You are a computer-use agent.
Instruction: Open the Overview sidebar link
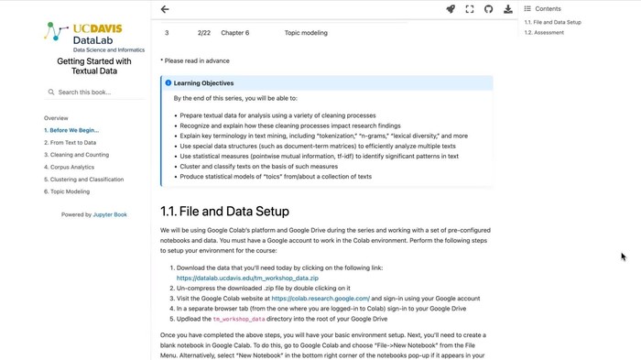click(56, 118)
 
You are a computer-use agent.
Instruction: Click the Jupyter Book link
click(107, 214)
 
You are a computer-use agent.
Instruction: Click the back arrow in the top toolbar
click(165, 9)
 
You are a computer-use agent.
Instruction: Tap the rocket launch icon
click(451, 9)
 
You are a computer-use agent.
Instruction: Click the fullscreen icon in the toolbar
click(470, 9)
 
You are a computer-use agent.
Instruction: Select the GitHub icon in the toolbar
click(488, 9)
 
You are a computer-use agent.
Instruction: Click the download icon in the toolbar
click(508, 9)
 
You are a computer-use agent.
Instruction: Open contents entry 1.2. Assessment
click(544, 33)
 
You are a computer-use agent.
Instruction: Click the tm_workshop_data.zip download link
click(247, 278)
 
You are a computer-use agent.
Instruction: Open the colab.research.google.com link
click(320, 298)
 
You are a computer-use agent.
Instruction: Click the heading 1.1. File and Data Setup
click(224, 210)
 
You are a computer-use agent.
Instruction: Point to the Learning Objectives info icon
click(168, 82)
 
